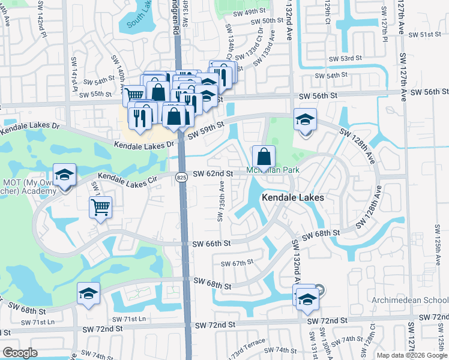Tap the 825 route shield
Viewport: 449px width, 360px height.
click(x=181, y=177)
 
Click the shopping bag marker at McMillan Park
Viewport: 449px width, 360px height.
click(x=264, y=158)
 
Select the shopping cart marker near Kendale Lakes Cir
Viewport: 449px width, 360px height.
click(x=100, y=208)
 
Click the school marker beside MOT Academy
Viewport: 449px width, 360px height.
click(x=64, y=176)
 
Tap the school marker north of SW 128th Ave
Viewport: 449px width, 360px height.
click(x=305, y=120)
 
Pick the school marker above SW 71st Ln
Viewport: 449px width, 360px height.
click(x=89, y=293)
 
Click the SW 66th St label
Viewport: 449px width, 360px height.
click(x=212, y=244)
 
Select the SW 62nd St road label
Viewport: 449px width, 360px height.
click(x=213, y=174)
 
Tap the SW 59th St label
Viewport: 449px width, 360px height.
click(x=205, y=130)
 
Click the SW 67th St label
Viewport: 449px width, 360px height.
click(x=238, y=263)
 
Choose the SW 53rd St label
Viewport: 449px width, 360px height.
click(x=346, y=58)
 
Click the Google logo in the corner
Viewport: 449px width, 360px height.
click(x=20, y=353)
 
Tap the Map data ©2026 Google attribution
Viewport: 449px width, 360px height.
click(x=412, y=355)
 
